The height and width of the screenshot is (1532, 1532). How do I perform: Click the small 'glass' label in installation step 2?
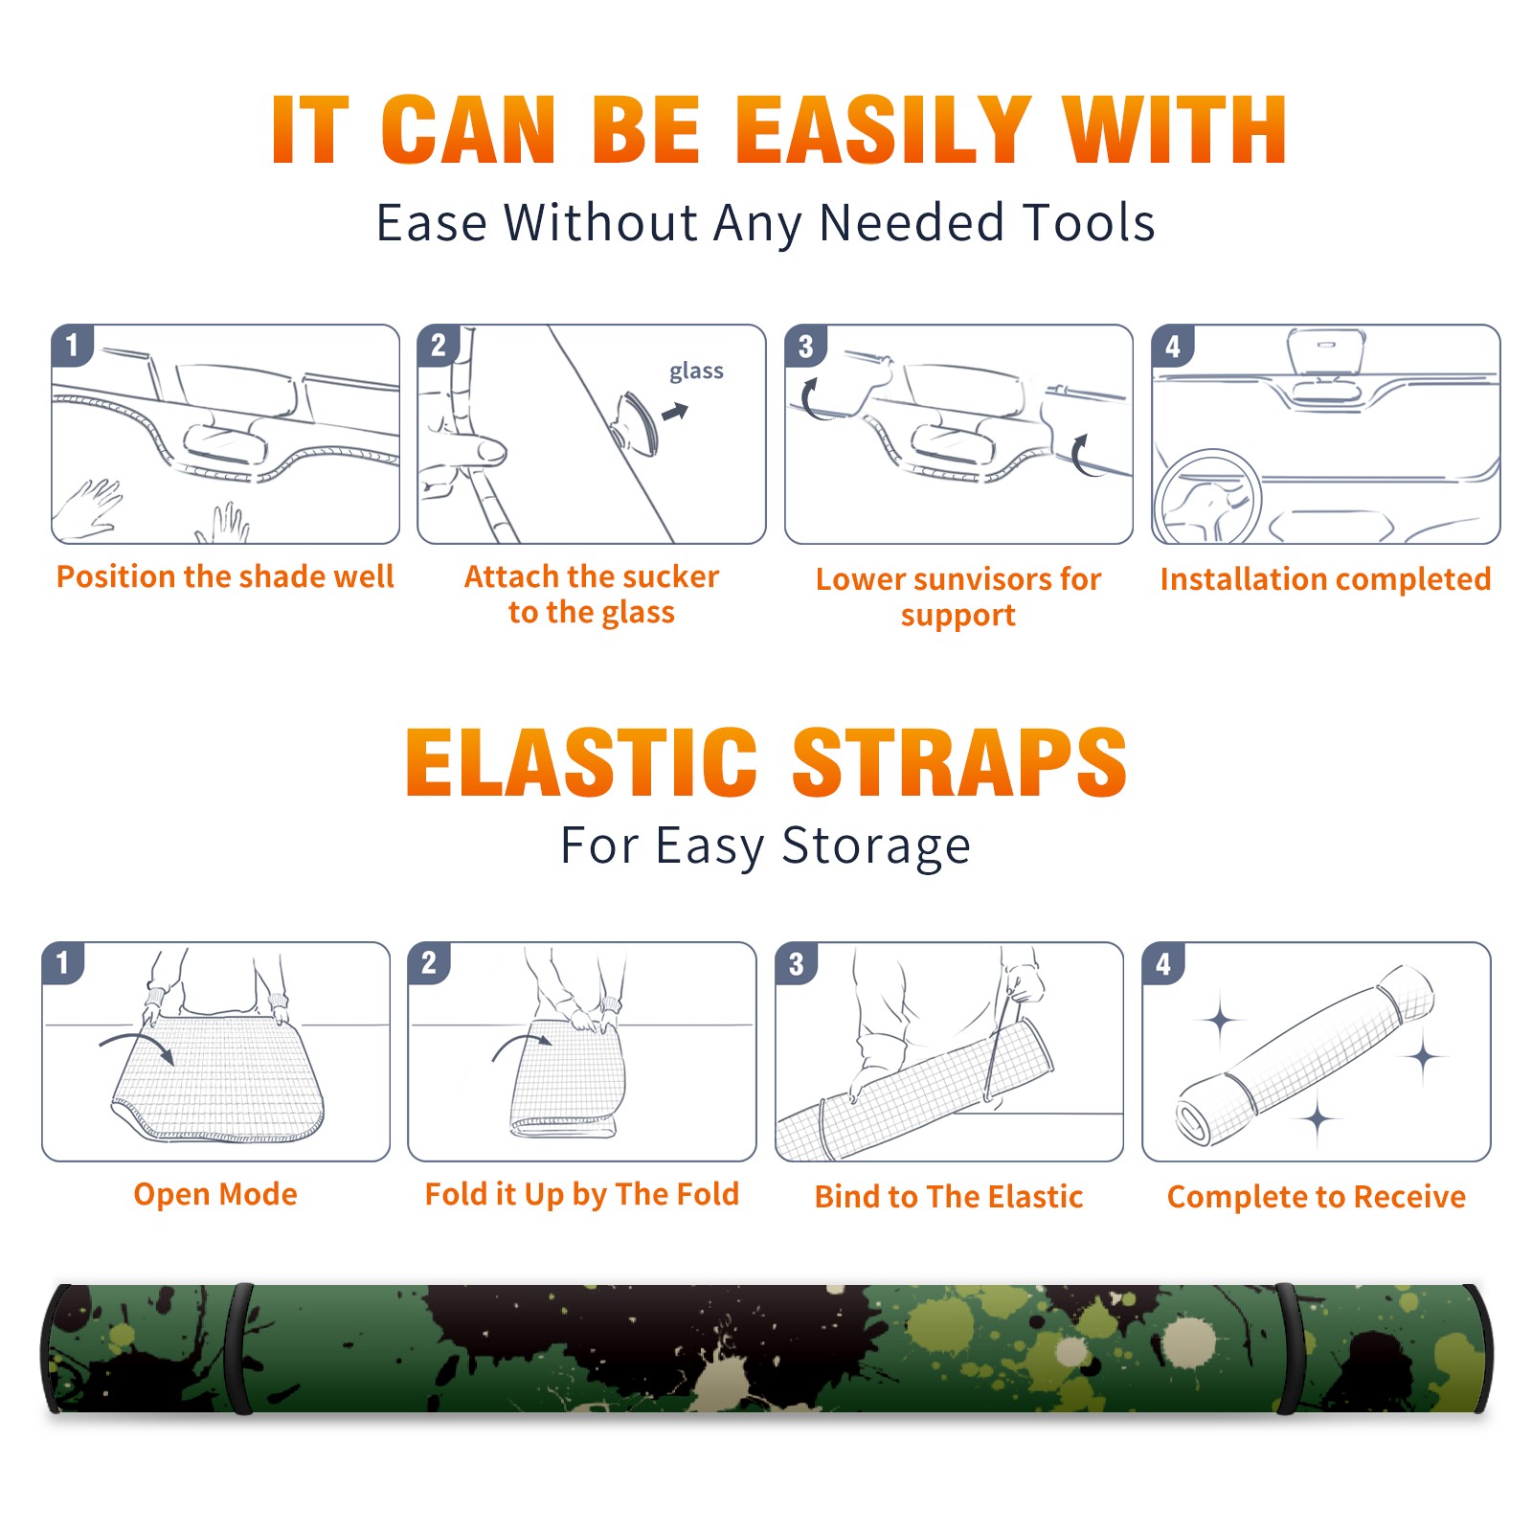coord(696,372)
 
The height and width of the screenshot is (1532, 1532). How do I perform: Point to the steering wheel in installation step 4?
coord(1208,497)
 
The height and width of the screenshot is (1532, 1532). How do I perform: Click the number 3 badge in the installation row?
coord(806,346)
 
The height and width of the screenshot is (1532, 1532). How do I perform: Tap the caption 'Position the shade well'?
coord(225,576)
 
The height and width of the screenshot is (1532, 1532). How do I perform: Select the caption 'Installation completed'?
coord(1325,579)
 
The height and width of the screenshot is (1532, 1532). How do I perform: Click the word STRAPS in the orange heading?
coord(959,762)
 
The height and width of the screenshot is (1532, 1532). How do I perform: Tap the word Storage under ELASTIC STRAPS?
coord(876,846)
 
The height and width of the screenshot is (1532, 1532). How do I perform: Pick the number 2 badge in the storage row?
coord(429,962)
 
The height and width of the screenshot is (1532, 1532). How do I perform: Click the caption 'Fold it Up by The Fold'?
coord(582,1194)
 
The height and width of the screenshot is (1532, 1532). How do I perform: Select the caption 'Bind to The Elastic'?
coord(949,1197)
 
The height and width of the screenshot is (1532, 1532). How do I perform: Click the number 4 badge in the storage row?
coord(1163,963)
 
